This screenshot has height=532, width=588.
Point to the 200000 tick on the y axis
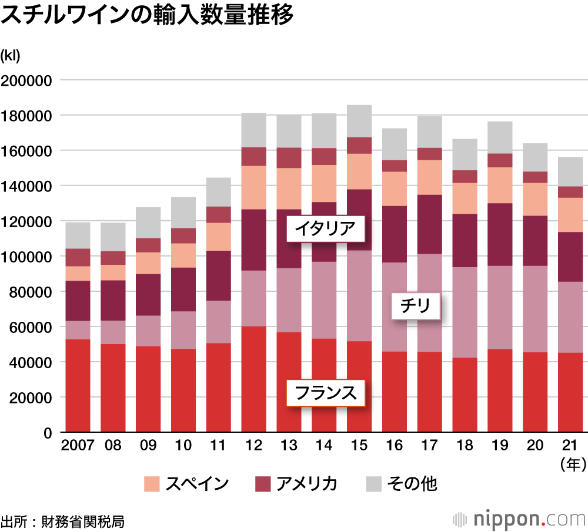(28, 80)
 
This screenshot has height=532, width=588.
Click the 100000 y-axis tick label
(28, 257)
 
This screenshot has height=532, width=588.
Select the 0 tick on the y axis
(48, 433)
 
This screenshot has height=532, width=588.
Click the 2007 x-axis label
(78, 445)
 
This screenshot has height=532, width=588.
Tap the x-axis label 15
(359, 445)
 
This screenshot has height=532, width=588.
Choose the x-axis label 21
(570, 445)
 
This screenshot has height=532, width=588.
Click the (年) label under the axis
(572, 465)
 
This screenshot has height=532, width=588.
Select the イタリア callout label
(325, 229)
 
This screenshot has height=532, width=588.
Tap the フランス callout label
(325, 392)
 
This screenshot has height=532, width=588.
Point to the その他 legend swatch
(373, 484)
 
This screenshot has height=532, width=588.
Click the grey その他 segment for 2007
(78, 235)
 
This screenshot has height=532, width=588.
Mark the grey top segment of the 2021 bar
(570, 171)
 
